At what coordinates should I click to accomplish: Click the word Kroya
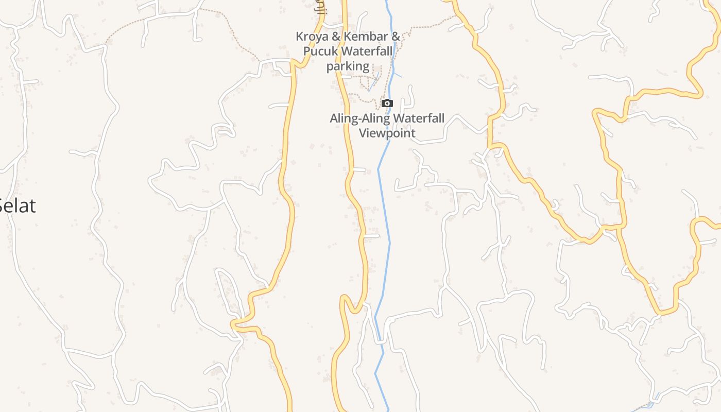(312, 37)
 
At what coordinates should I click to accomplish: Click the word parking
(348, 66)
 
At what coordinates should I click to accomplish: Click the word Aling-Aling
(359, 118)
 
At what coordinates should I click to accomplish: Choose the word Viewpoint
(387, 133)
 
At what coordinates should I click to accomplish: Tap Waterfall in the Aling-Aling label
(418, 118)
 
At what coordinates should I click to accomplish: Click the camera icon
(387, 104)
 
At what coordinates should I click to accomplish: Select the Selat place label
(17, 205)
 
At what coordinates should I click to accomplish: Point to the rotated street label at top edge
(321, 6)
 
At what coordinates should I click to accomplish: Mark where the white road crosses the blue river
(381, 340)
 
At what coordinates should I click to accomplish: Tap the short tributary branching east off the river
(398, 75)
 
